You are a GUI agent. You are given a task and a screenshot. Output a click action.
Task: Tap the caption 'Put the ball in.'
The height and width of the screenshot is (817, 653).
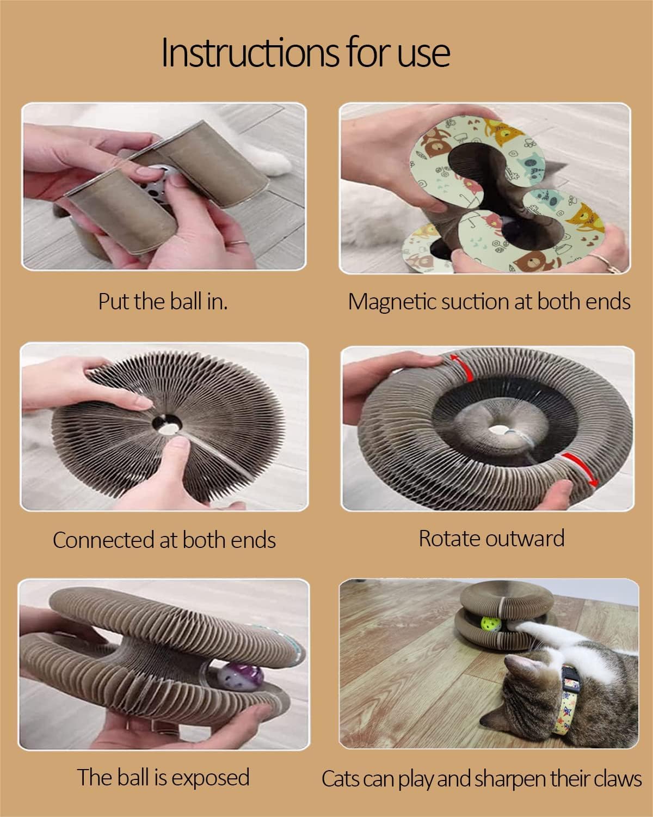[163, 301]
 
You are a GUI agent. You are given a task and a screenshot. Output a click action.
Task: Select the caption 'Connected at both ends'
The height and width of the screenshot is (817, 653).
[164, 540]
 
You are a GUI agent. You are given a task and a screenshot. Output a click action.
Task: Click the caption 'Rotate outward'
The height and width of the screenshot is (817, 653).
[491, 539]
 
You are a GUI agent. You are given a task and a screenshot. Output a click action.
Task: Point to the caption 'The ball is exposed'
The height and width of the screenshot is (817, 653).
[163, 777]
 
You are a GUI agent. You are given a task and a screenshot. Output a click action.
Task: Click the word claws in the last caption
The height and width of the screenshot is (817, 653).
[614, 779]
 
